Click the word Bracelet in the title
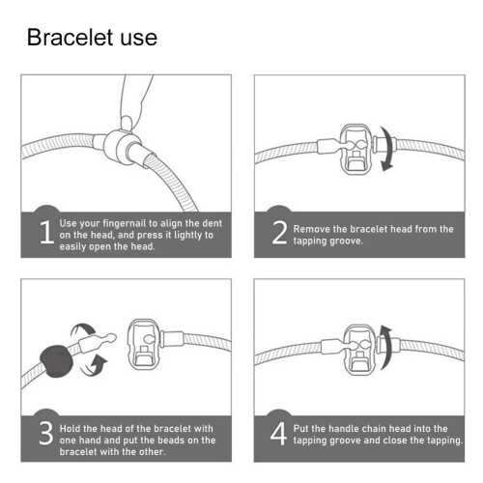pyautogui.click(x=71, y=38)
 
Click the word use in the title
pyautogui.click(x=139, y=40)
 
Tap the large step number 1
pyautogui.click(x=47, y=232)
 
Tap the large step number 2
pyautogui.click(x=279, y=233)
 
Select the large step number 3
pyautogui.click(x=45, y=433)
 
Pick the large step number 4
pyautogui.click(x=278, y=434)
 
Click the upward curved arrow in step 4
pyautogui.click(x=386, y=348)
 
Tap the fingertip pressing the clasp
pyautogui.click(x=127, y=124)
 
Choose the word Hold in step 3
pyautogui.click(x=70, y=429)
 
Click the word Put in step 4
pyautogui.click(x=300, y=429)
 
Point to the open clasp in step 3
pyautogui.click(x=143, y=343)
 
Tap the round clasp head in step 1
pyautogui.click(x=118, y=147)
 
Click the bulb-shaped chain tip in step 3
pyautogui.click(x=110, y=338)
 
